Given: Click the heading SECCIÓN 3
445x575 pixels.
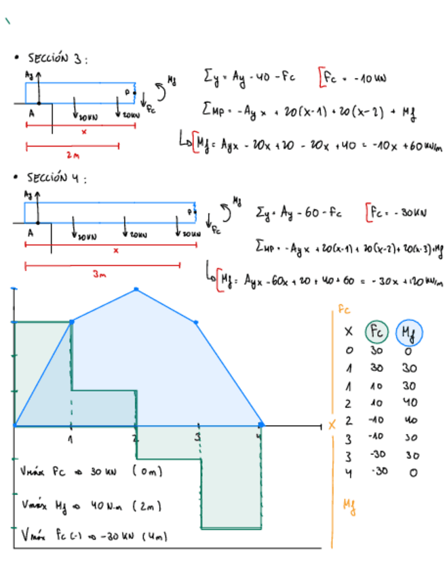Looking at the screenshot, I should click(x=57, y=59).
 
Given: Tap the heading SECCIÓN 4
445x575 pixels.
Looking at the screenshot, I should click(x=57, y=179).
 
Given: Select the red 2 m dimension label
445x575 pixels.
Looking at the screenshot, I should click(x=73, y=155).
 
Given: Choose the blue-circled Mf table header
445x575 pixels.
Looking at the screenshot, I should click(x=409, y=333).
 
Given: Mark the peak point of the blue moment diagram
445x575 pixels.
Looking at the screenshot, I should click(x=136, y=290).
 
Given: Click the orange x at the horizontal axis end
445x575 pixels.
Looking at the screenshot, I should click(x=332, y=425).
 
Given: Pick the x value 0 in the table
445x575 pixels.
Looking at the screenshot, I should click(x=349, y=351).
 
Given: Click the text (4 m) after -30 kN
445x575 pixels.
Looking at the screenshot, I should click(x=154, y=536).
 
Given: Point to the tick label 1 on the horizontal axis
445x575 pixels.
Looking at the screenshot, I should click(x=71, y=437).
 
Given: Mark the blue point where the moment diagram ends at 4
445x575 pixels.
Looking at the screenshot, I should click(x=261, y=425).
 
